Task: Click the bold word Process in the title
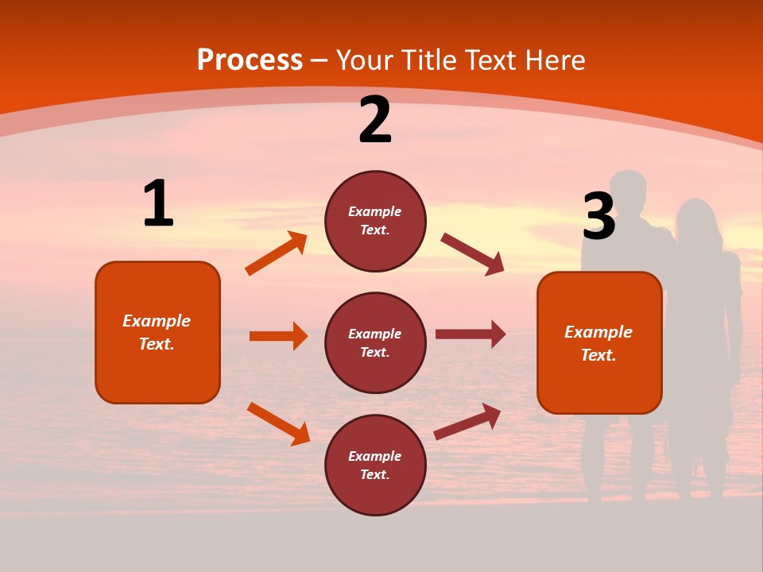click(x=250, y=60)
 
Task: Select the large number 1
click(x=158, y=203)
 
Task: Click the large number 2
click(x=375, y=120)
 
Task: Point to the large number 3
click(x=598, y=217)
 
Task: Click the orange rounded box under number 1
click(x=157, y=332)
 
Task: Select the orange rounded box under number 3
click(x=599, y=342)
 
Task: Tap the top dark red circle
click(x=375, y=221)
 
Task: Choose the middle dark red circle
click(x=375, y=342)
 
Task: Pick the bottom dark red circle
click(x=375, y=465)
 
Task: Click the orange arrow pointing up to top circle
click(x=276, y=253)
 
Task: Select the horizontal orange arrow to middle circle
click(x=278, y=336)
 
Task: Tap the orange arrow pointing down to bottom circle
click(x=278, y=423)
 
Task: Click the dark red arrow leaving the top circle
click(x=472, y=254)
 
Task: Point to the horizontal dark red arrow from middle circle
click(x=470, y=334)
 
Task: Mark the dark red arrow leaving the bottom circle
click(x=467, y=421)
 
